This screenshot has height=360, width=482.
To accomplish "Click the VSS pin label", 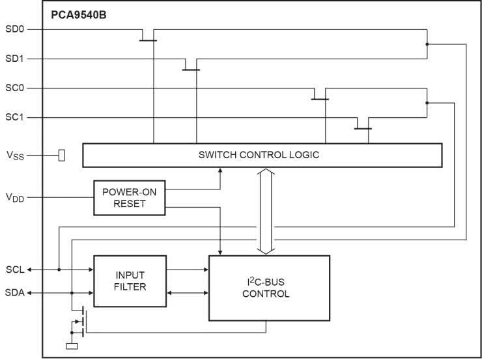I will [16, 156].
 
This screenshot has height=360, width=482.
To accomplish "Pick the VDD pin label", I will [16, 197].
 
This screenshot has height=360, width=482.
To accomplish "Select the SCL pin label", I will [14, 269].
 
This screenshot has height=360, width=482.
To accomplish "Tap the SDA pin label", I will [14, 293].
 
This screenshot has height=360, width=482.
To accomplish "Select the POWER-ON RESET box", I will [129, 197].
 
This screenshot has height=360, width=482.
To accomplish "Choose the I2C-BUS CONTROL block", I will [268, 288].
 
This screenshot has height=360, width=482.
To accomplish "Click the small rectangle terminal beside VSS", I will [62, 155].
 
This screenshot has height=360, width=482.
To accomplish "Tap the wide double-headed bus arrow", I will [265, 211].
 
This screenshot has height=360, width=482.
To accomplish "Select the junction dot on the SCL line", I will [59, 269].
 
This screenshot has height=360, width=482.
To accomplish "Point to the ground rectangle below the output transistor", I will [72, 346].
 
